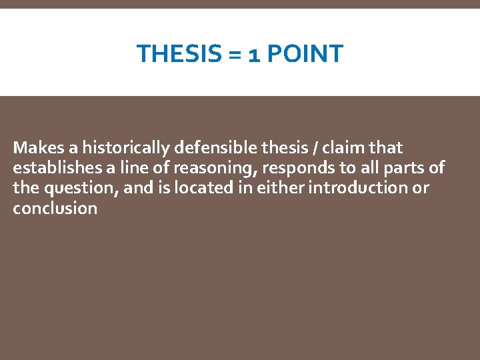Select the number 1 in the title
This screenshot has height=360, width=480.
tap(254, 54)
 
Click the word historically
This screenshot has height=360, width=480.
tap(126, 147)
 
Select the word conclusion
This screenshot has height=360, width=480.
tap(55, 208)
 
